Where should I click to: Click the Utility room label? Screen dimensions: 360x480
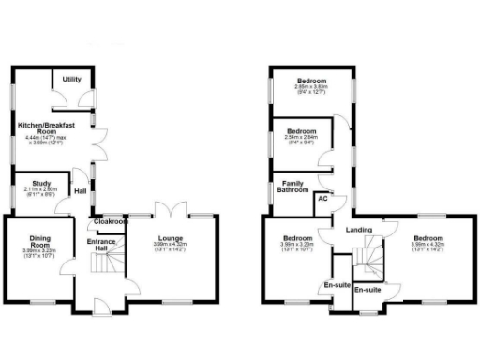tap(71, 81)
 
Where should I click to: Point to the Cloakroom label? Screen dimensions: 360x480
tap(111, 223)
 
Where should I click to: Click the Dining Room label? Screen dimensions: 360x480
tap(39, 241)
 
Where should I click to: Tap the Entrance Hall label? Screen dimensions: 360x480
tap(101, 247)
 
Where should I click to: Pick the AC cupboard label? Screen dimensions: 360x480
tap(322, 199)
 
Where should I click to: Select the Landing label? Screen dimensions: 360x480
tap(357, 229)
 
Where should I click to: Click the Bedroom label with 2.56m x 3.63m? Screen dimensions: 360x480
tap(307, 81)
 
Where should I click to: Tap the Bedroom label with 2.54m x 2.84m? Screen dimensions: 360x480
tap(301, 130)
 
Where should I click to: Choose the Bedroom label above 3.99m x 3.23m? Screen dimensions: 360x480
tap(295, 239)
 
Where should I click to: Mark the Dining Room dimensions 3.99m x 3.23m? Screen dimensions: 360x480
tap(39, 251)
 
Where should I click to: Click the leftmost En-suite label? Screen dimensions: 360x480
tap(337, 284)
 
